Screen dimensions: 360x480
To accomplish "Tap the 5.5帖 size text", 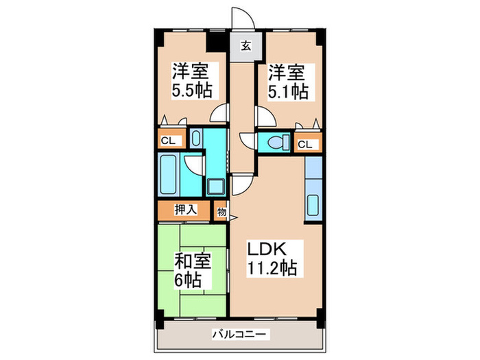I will tap(191, 91).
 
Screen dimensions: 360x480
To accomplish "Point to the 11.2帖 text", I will tap(272, 269).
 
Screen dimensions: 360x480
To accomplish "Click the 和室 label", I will tap(191, 262).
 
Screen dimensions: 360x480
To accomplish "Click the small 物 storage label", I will tap(221, 212).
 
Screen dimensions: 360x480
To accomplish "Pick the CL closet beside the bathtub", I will tap(169, 141).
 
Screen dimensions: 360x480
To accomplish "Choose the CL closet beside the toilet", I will tap(307, 145).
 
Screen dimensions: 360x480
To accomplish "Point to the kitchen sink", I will tap(313, 206).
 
